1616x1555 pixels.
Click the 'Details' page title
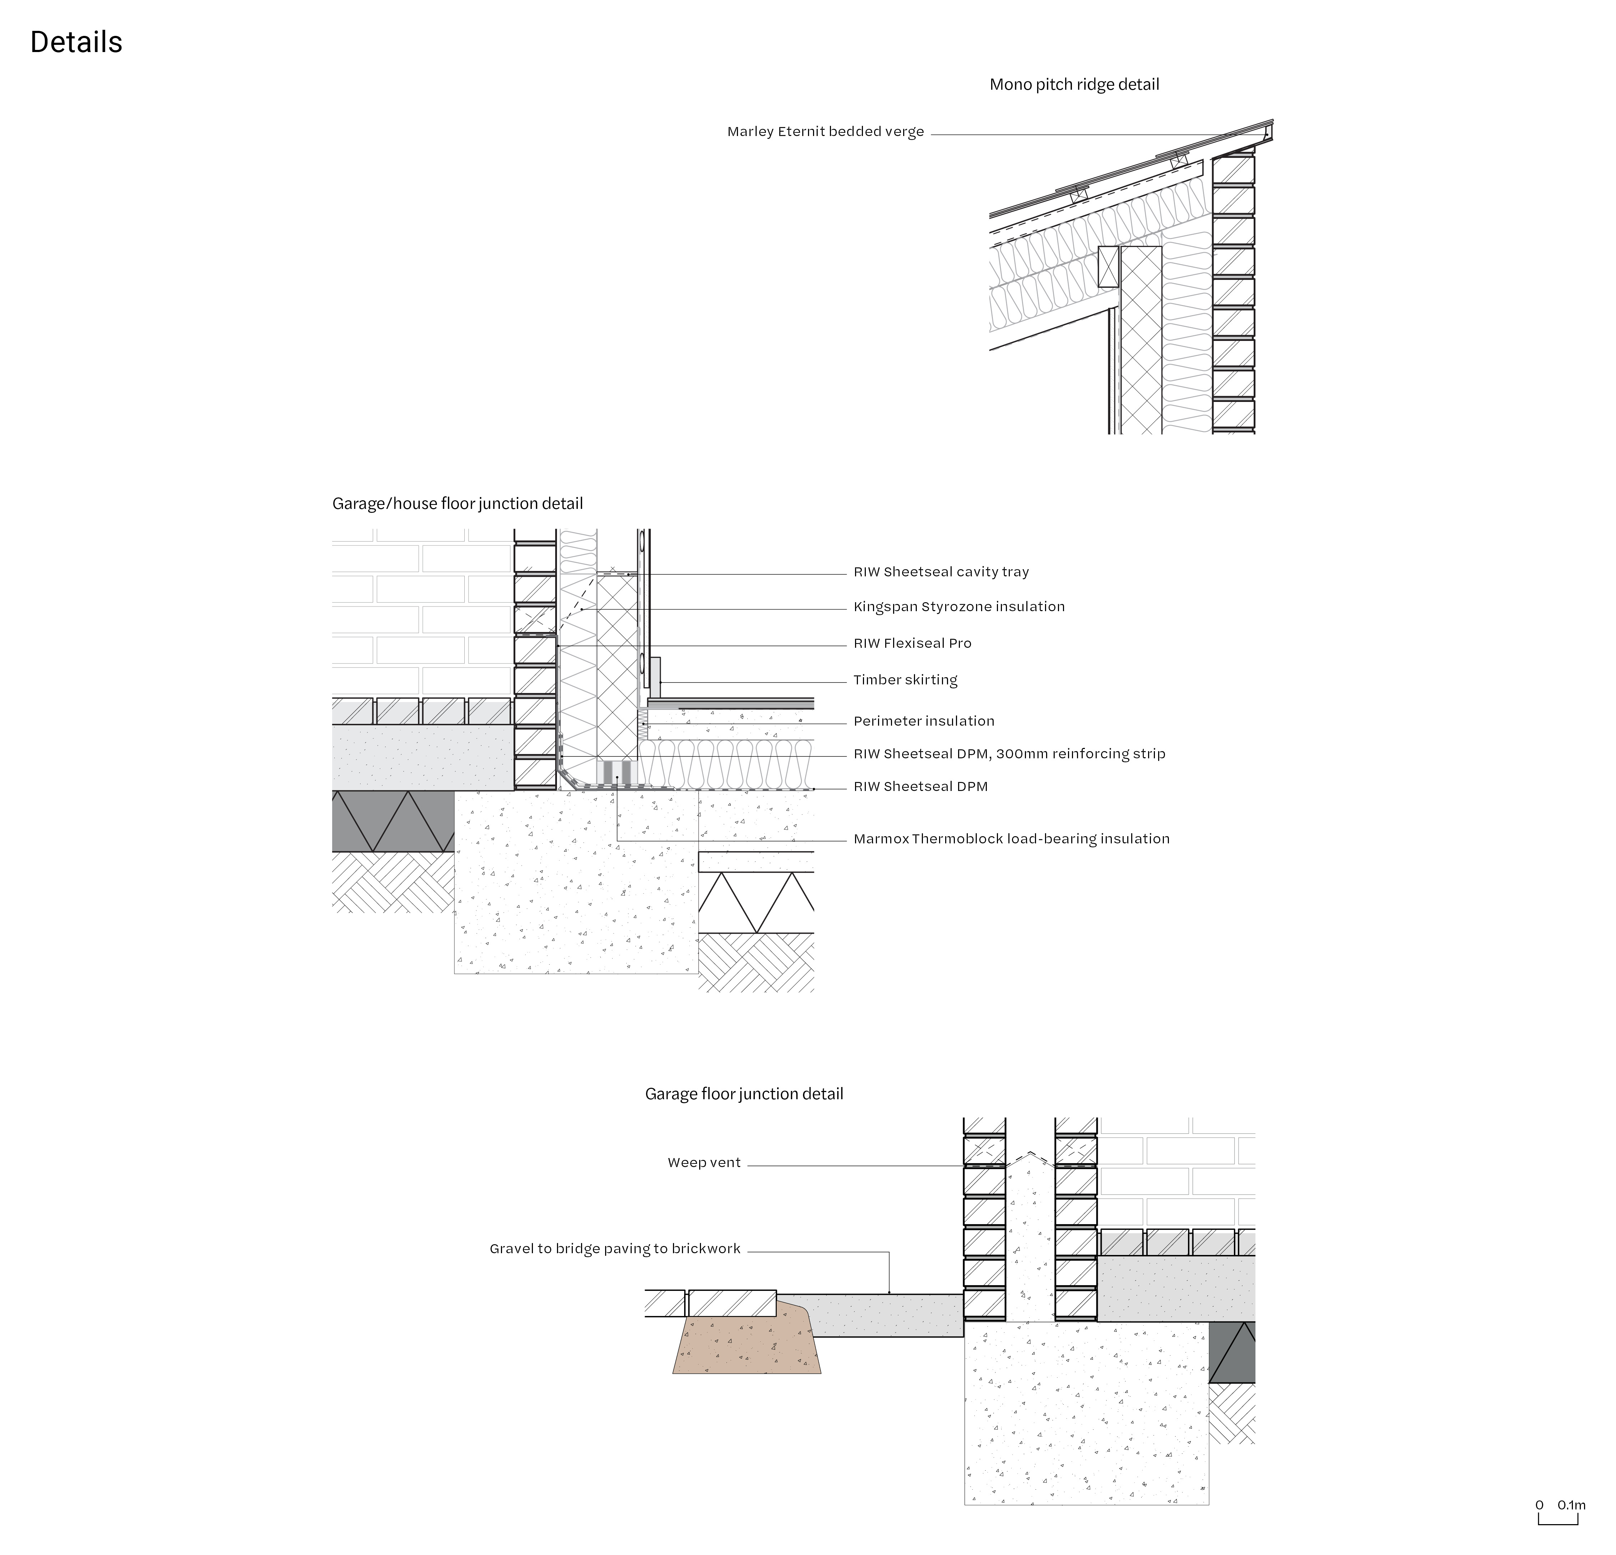click(x=76, y=42)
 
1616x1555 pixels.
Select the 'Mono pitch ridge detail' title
click(x=1074, y=84)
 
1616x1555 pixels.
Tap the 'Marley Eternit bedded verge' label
click(x=825, y=132)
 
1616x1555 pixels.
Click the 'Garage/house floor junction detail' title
click(x=458, y=503)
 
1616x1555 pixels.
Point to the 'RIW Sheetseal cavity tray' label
click(x=941, y=572)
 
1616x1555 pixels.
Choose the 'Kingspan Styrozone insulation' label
click(x=959, y=606)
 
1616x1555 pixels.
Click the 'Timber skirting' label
click(x=905, y=680)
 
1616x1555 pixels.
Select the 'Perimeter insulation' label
click(x=923, y=721)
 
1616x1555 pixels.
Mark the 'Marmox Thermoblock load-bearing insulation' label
click(x=1012, y=839)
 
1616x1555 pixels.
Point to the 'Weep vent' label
click(x=704, y=1163)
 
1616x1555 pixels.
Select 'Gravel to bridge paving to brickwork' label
click(x=615, y=1249)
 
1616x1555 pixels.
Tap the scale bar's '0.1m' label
click(x=1571, y=1505)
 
